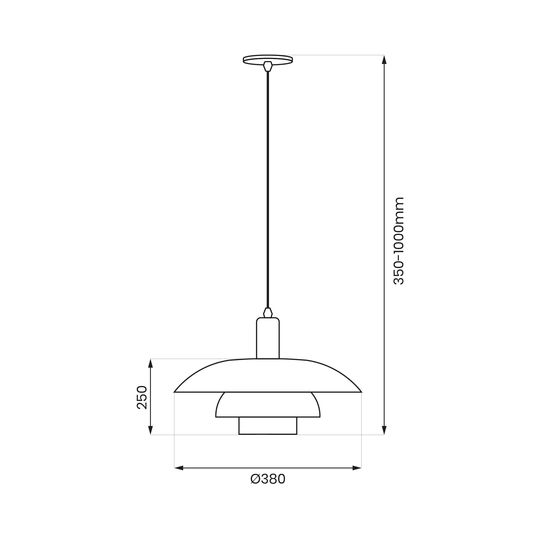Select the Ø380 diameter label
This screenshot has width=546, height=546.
[x=268, y=479]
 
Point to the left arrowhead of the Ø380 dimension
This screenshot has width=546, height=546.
[x=179, y=468]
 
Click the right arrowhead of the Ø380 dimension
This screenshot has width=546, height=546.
[x=357, y=468]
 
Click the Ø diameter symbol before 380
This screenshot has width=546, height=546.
[x=255, y=479]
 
